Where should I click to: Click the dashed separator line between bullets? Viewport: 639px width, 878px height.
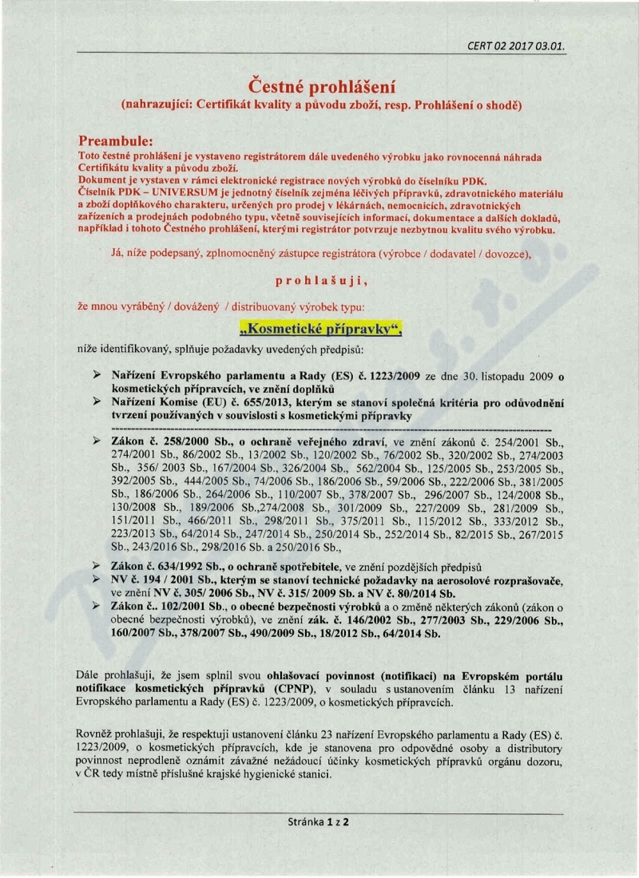(x=319, y=429)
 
